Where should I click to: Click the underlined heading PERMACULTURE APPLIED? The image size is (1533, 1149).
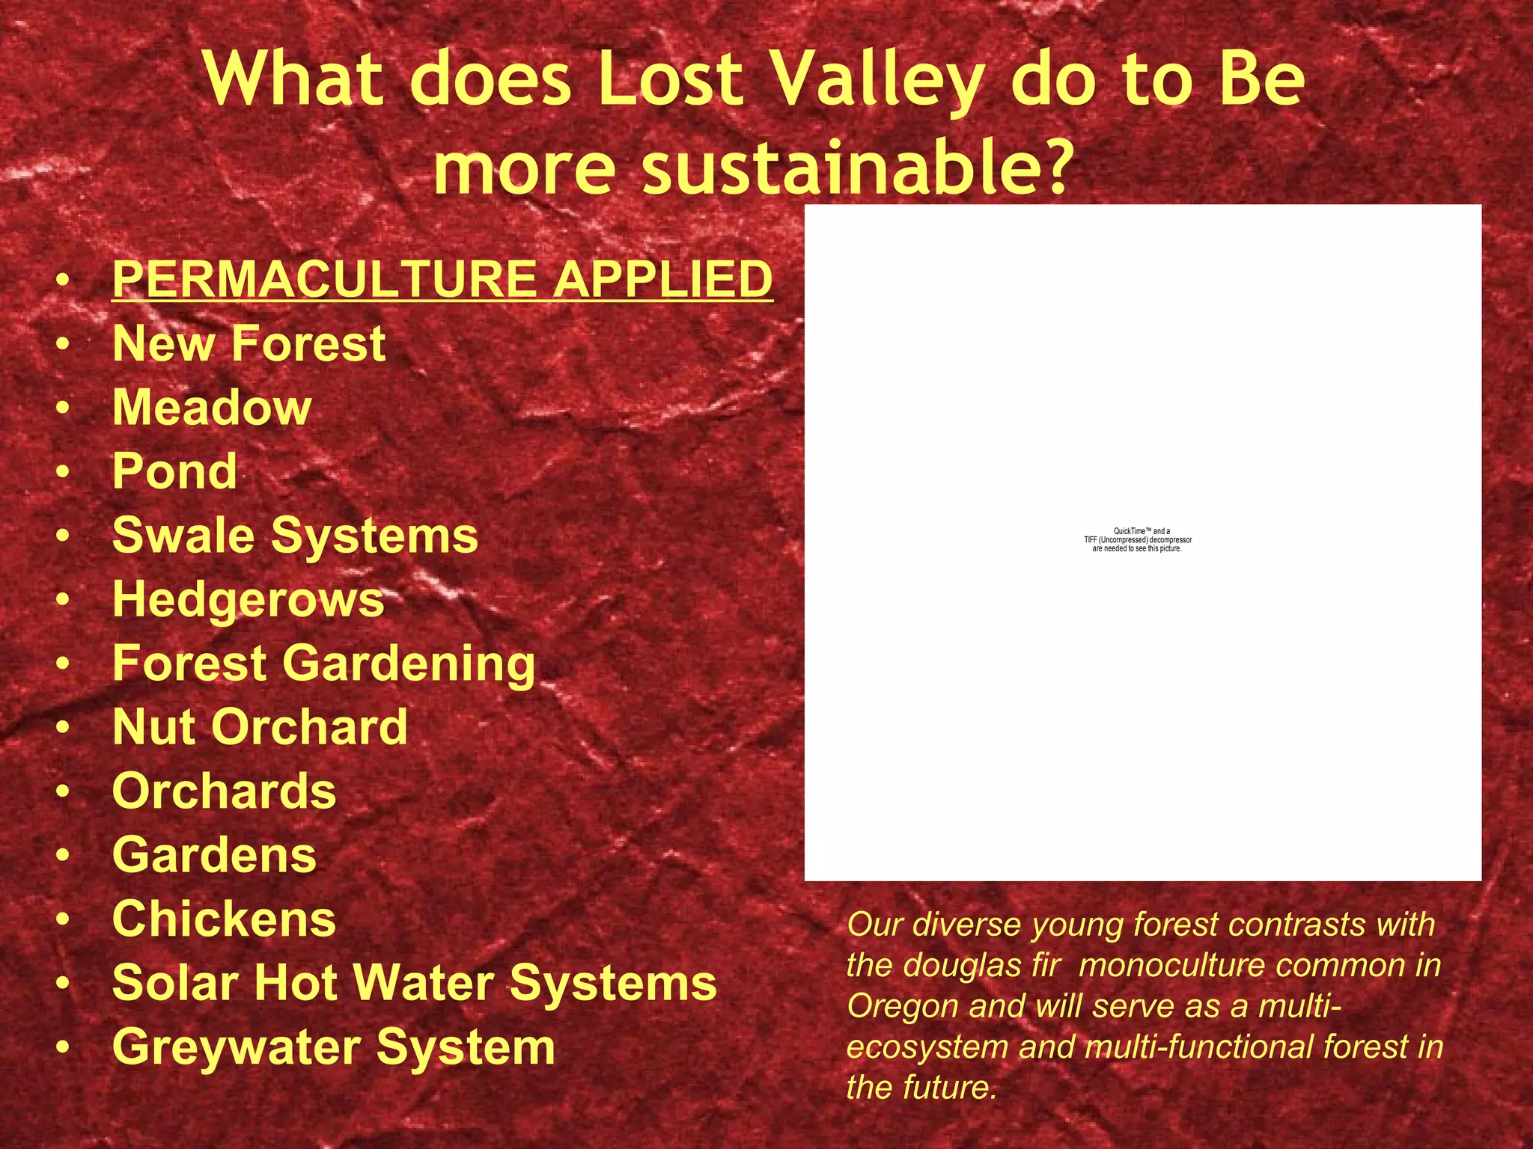[x=442, y=279]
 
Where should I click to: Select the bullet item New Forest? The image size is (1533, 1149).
[x=249, y=343]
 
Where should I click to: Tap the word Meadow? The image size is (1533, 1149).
[x=212, y=408]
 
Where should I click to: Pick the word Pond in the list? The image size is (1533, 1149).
[x=174, y=471]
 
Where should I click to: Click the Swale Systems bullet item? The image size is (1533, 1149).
[x=295, y=536]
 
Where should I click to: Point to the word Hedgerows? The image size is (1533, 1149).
[x=248, y=600]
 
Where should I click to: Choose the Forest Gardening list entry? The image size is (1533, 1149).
[x=323, y=664]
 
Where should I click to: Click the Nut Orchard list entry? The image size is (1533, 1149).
[x=260, y=727]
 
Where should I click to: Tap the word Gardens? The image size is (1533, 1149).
[x=214, y=855]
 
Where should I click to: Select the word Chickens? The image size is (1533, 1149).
[x=224, y=919]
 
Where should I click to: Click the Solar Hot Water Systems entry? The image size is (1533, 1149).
[x=414, y=982]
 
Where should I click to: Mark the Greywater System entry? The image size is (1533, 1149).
[x=333, y=1047]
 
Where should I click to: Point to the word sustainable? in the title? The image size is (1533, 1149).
[x=853, y=168]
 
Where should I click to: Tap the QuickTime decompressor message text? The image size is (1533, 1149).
[x=1138, y=540]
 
